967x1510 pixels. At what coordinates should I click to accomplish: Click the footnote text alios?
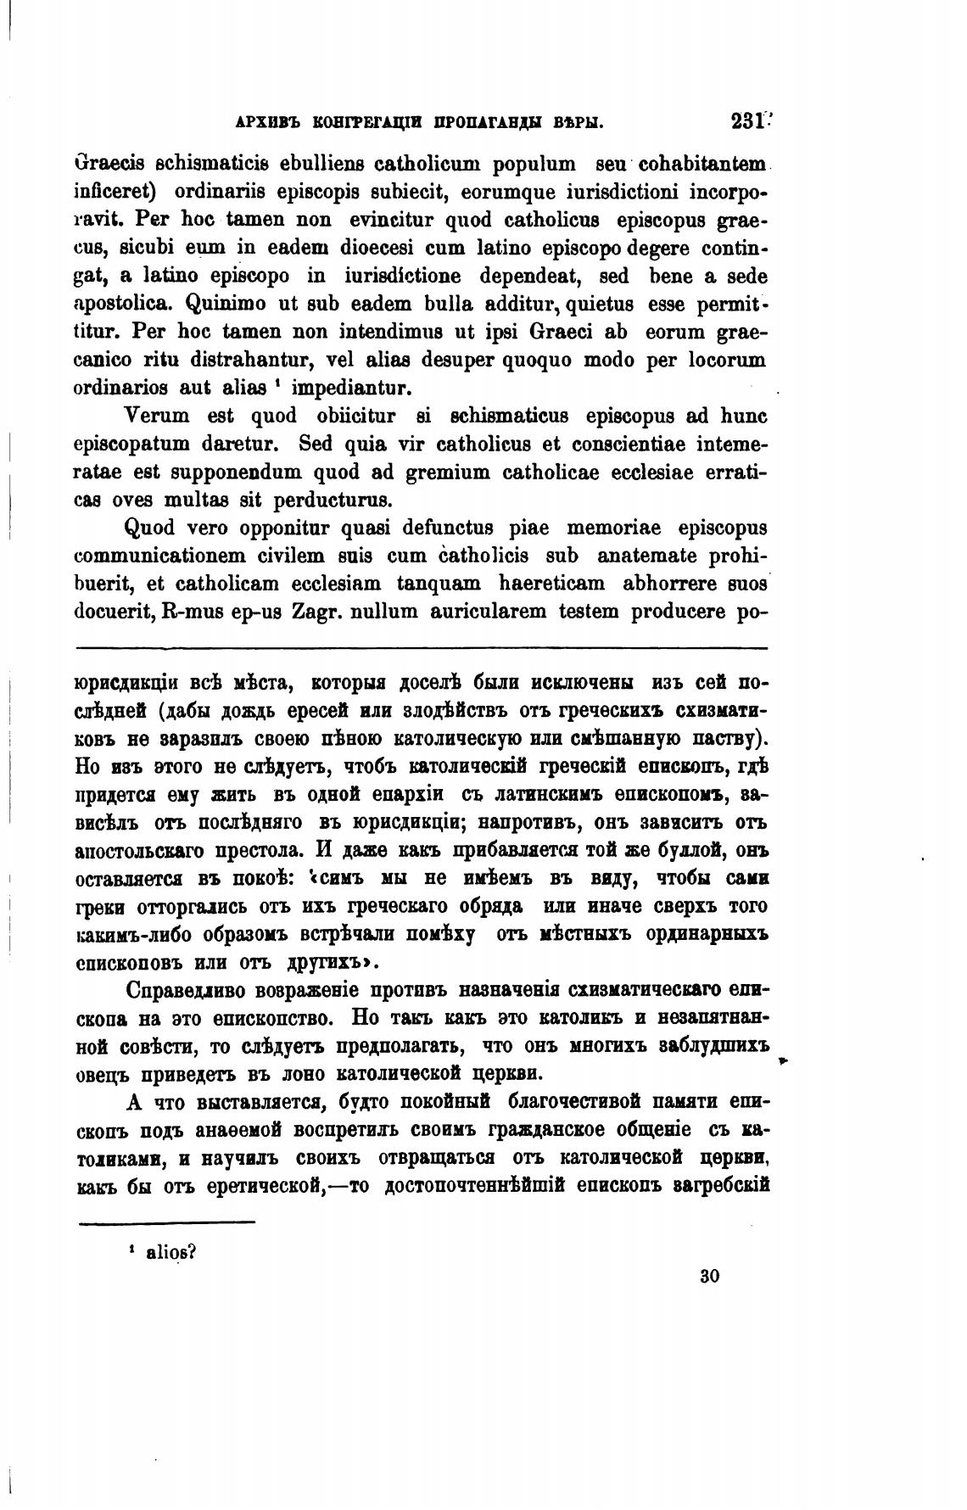click(170, 1252)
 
